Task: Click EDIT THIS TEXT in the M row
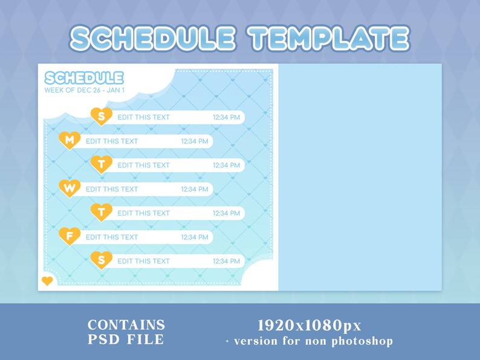coord(112,141)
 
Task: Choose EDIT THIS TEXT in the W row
coord(112,189)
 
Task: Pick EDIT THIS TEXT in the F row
coord(112,237)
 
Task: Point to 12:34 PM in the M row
coord(195,141)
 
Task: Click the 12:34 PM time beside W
coord(195,189)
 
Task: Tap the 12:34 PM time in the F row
coord(195,237)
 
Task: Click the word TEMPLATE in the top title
coord(330,39)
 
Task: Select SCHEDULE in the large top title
coord(152,39)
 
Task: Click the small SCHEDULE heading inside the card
coord(84,78)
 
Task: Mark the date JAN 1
coord(115,90)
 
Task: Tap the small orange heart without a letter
coord(47,281)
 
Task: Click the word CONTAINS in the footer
coord(126,325)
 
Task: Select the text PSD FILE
coord(126,339)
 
